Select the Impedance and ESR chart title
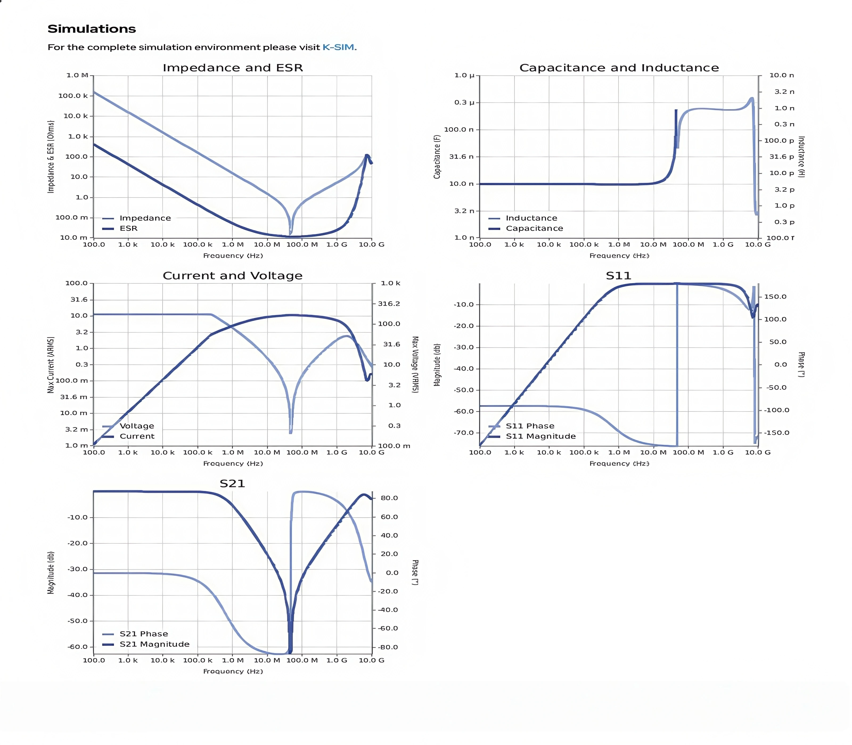pyautogui.click(x=232, y=68)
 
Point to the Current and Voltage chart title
pyautogui.click(x=232, y=276)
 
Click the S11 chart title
pyautogui.click(x=618, y=276)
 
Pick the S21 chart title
pyautogui.click(x=232, y=484)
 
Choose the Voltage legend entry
pyautogui.click(x=137, y=426)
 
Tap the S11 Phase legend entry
pyautogui.click(x=530, y=426)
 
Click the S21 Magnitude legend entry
pyautogui.click(x=154, y=644)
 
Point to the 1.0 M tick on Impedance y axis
pyautogui.click(x=77, y=75)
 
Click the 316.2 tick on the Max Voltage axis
pyautogui.click(x=389, y=304)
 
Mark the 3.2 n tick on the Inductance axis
pyautogui.click(x=784, y=92)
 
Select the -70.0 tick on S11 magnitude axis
pyautogui.click(x=463, y=433)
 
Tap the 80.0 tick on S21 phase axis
pyautogui.click(x=389, y=498)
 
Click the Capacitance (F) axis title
pyautogui.click(x=437, y=157)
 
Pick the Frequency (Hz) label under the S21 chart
pyautogui.click(x=233, y=672)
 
